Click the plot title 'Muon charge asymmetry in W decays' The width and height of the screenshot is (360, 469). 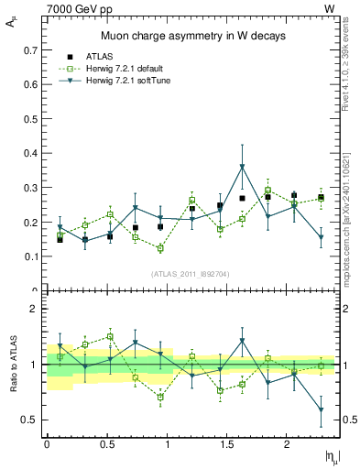(192, 36)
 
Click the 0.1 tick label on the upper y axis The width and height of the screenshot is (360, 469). (34, 257)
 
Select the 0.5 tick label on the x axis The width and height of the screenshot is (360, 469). (106, 444)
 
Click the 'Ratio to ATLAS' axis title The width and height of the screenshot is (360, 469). (13, 365)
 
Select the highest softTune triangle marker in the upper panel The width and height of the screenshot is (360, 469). (242, 168)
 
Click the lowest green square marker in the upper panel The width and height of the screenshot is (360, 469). (159, 248)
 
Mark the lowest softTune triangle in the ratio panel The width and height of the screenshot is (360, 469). (322, 409)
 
